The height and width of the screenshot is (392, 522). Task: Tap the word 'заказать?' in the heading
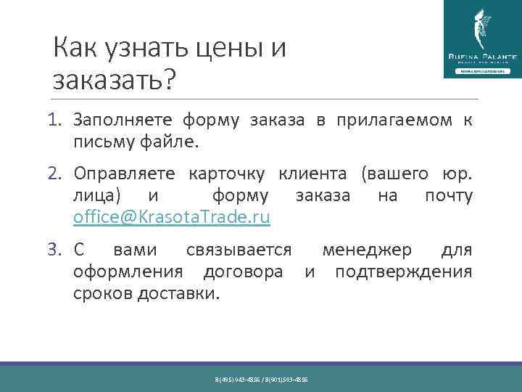pos(115,80)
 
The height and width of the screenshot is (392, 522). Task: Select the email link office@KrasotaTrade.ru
pos(172,217)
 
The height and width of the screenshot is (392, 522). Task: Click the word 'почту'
pos(449,196)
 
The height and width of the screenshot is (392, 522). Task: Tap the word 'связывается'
pos(239,250)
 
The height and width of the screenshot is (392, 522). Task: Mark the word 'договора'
pos(243,272)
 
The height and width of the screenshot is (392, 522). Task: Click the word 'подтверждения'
pos(403,272)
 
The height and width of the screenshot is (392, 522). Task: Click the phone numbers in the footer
pos(261,380)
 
